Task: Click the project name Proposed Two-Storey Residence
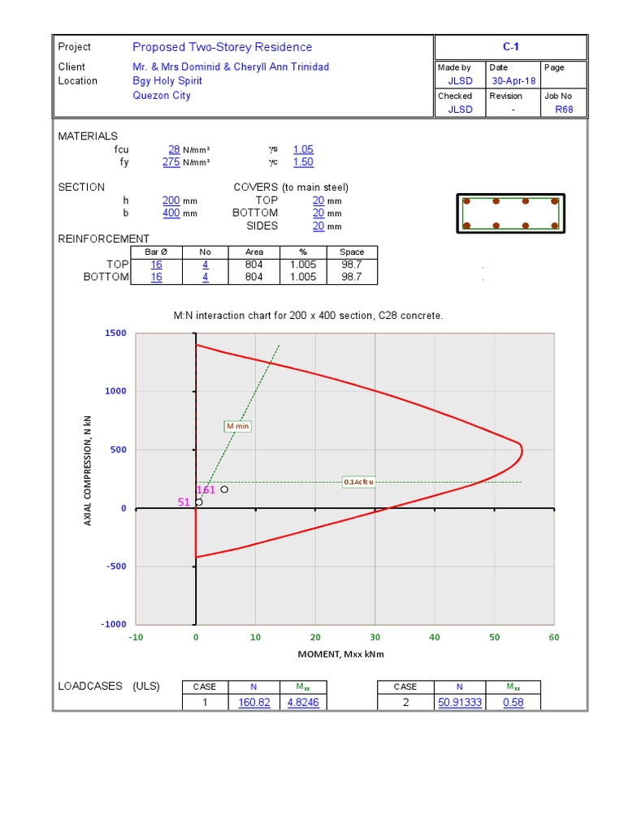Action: (223, 47)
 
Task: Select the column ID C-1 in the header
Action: (510, 46)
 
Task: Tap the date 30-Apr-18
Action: (513, 81)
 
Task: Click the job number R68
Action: (564, 110)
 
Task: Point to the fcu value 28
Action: (174, 149)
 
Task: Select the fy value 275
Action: (171, 162)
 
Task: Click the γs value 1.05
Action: (304, 149)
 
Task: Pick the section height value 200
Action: (171, 200)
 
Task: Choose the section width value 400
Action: (171, 213)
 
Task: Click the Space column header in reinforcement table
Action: (352, 252)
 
